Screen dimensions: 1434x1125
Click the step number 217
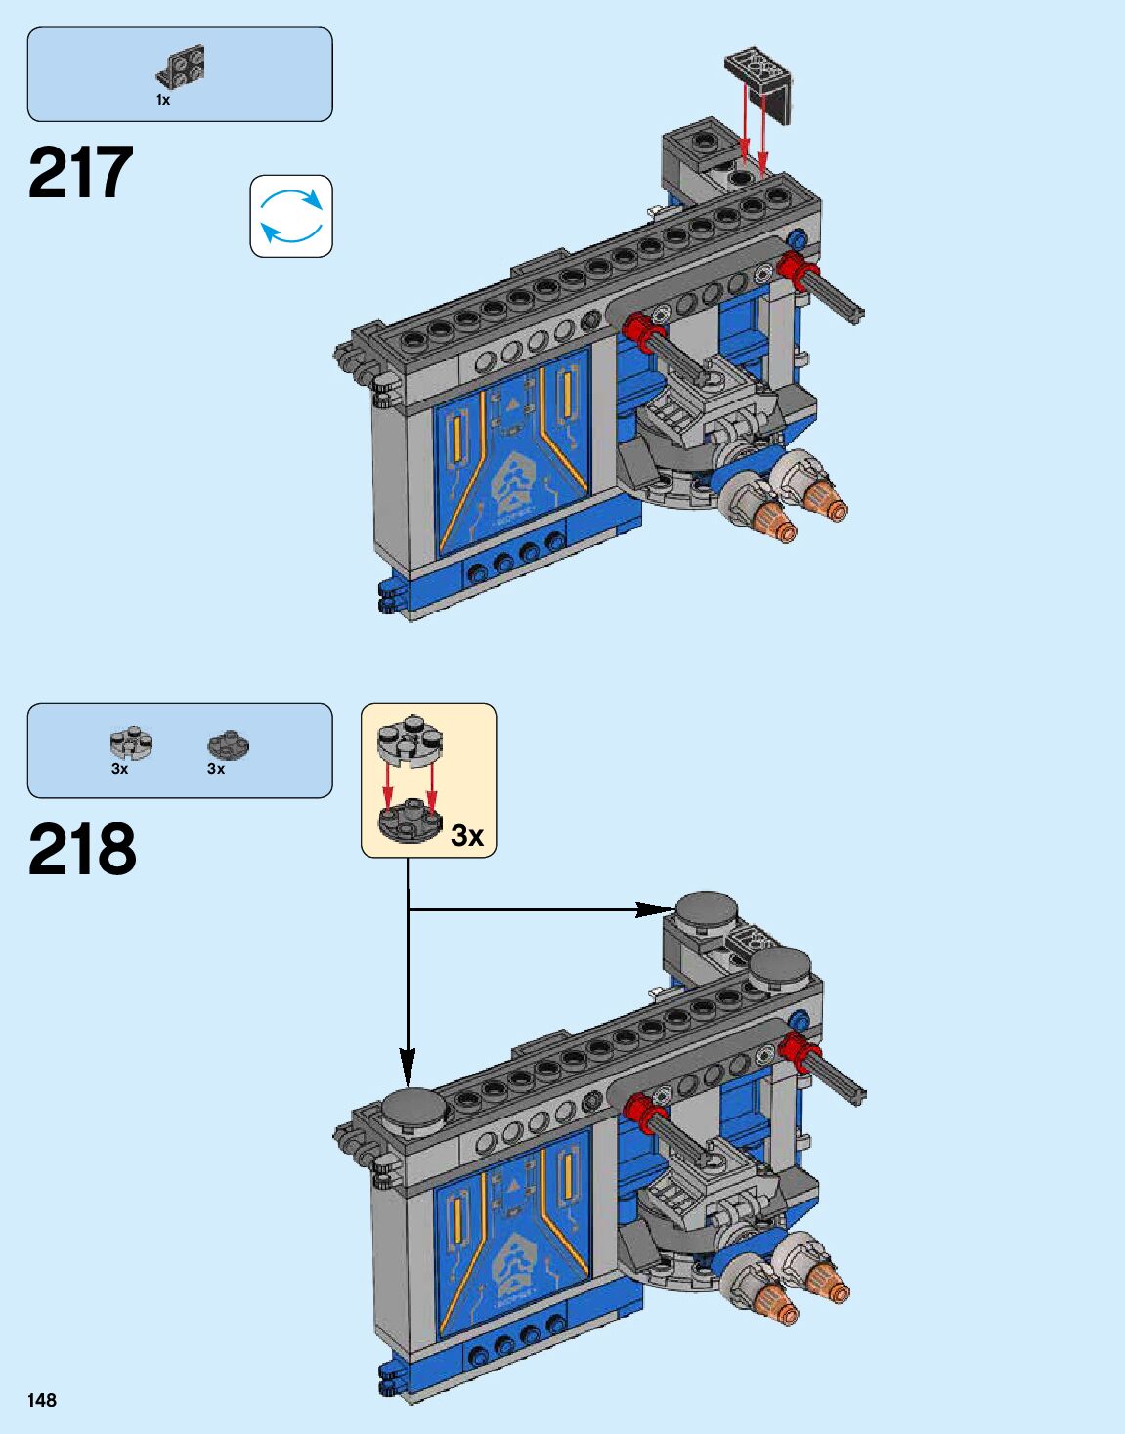81,173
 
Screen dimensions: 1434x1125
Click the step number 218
82,850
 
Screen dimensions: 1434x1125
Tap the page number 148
42,1400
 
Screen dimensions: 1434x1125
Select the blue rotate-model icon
291,216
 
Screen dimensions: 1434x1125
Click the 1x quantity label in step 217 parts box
163,100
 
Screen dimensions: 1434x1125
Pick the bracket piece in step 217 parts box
181,66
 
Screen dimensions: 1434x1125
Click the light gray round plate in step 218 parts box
131,743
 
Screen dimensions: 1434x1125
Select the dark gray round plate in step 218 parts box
228,744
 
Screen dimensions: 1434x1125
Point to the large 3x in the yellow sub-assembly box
467,835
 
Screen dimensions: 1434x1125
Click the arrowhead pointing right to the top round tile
654,909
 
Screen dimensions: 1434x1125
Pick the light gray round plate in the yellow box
410,739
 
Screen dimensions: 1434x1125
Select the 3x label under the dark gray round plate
216,769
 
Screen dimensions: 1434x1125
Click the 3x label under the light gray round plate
119,769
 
